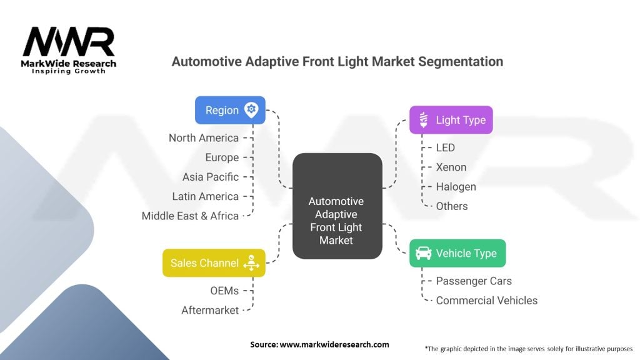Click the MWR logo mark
69,42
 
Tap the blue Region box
230,110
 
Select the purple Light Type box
451,120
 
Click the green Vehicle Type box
457,254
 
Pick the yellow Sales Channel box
214,263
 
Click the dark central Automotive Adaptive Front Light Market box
337,206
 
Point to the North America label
204,138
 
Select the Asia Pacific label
211,177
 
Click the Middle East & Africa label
190,216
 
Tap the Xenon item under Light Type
451,167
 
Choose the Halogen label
456,187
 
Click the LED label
445,147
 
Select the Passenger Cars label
474,281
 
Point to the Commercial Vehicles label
486,301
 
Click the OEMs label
224,291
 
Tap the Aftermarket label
210,311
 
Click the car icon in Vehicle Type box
423,253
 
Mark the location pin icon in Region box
251,110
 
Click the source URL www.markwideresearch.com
334,344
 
